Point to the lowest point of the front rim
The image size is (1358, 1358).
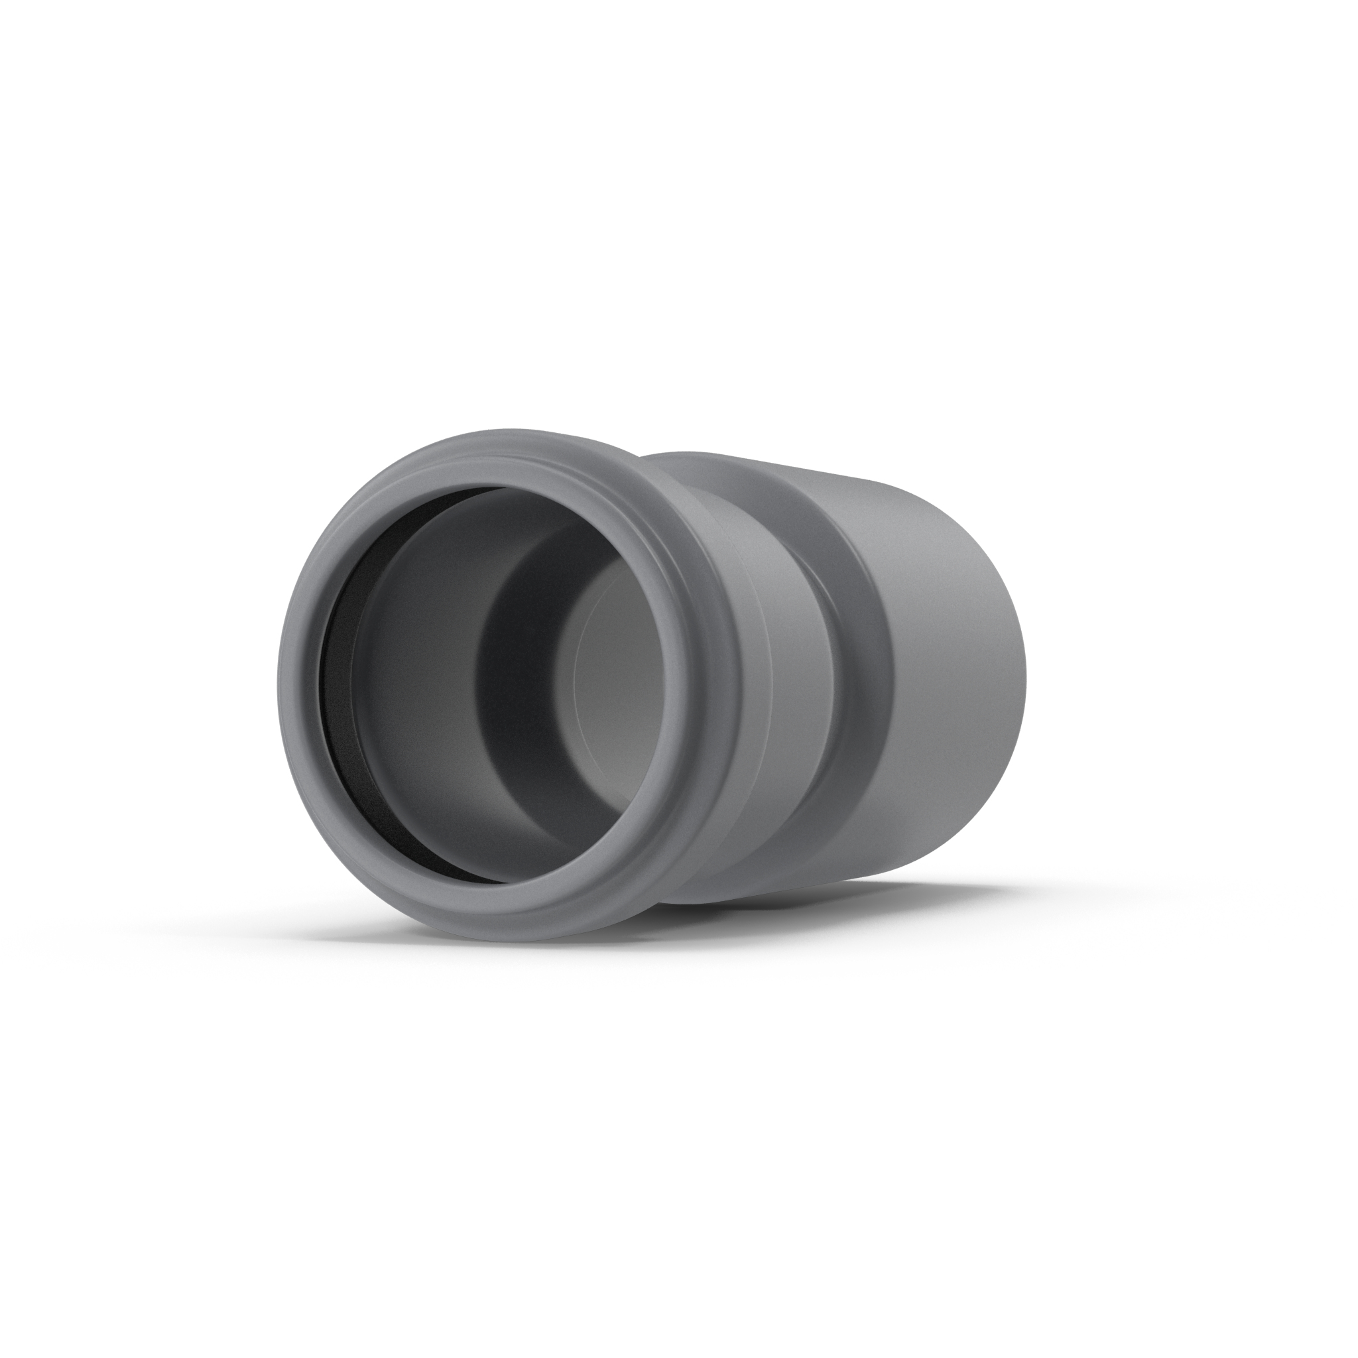point(492,940)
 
